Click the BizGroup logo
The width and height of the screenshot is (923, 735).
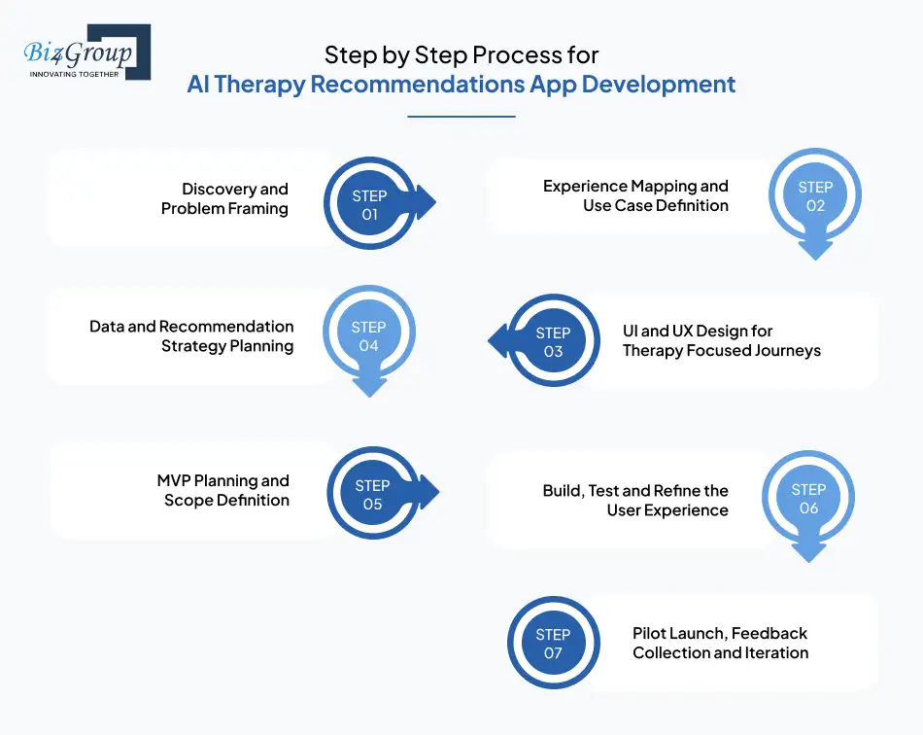click(85, 52)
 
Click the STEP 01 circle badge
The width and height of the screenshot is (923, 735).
click(370, 205)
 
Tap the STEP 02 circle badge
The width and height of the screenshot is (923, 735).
click(815, 196)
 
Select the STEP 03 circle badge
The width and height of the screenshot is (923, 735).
click(553, 341)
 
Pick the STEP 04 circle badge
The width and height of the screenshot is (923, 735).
click(369, 336)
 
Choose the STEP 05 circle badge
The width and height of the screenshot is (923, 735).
click(373, 495)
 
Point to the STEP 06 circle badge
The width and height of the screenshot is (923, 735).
click(808, 499)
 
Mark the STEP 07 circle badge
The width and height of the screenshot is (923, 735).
click(553, 644)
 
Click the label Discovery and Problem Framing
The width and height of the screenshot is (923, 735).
click(224, 198)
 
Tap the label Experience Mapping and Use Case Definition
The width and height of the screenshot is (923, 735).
click(635, 195)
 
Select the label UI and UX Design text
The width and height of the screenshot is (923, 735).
click(721, 340)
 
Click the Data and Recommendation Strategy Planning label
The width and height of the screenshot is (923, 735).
click(191, 336)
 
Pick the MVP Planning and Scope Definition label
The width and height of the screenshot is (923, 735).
click(223, 490)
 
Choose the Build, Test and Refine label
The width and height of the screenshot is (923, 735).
click(635, 501)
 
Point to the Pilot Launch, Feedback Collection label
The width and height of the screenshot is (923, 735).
click(720, 643)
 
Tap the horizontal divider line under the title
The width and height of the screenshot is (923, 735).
click(461, 117)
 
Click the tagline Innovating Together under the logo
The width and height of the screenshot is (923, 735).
click(74, 74)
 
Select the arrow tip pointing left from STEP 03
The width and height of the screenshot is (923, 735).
click(496, 341)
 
